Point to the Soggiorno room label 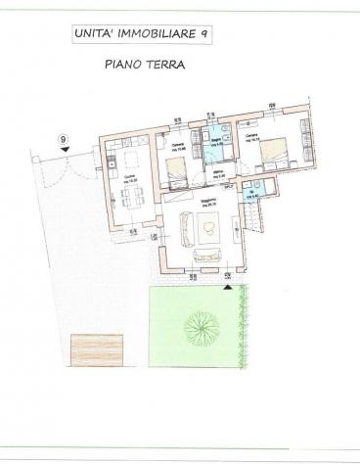click(208, 204)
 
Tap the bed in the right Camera click(277, 153)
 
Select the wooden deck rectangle click(93, 349)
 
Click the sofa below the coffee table click(208, 255)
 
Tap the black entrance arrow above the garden click(226, 277)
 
